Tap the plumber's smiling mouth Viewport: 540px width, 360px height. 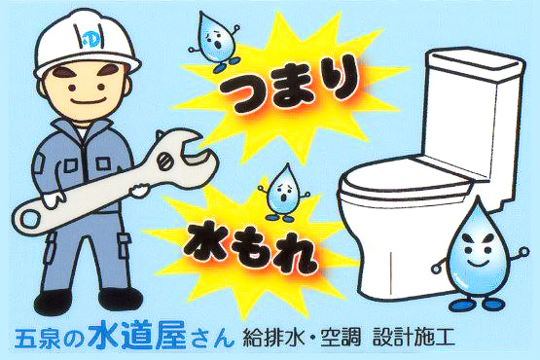pos(89,100)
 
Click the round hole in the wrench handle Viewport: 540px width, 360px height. pos(31,219)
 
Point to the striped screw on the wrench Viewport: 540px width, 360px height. pos(166,162)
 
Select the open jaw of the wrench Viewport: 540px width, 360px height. pos(193,152)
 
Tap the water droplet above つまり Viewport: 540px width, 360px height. pos(215,42)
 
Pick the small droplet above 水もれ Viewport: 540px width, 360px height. pos(283,194)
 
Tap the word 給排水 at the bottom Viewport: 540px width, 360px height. pos(274,337)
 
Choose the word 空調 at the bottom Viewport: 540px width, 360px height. pos(341,337)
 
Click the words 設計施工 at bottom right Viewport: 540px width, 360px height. pos(414,337)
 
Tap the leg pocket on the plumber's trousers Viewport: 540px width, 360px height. pos(125,245)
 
